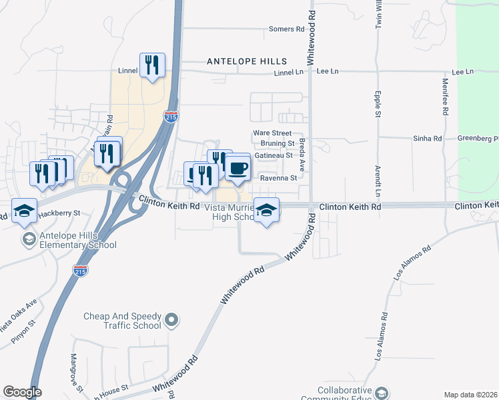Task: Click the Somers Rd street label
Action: pos(286,29)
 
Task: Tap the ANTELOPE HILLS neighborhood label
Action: pos(247,61)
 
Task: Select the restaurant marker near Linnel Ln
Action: pos(152,65)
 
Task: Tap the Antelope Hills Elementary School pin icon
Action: pos(29,239)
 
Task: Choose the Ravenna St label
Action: pos(278,178)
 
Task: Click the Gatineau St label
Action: pos(275,155)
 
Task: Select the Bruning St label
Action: pos(278,143)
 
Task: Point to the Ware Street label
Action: pos(272,133)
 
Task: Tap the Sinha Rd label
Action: pos(428,139)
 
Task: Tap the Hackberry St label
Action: pos(58,213)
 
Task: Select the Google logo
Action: pos(22,392)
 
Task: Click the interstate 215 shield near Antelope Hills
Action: pos(171,117)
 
